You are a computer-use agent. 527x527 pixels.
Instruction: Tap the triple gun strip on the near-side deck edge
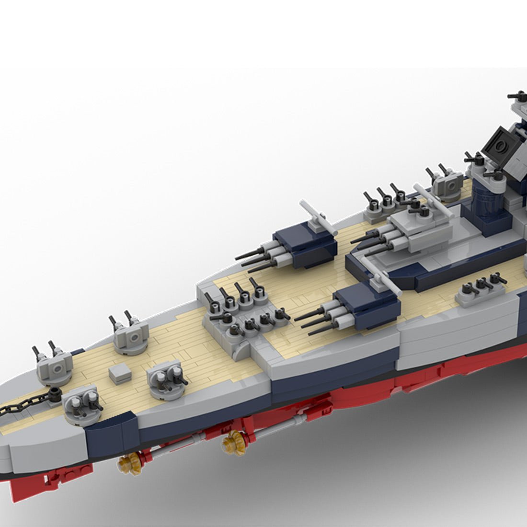click(x=479, y=290)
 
